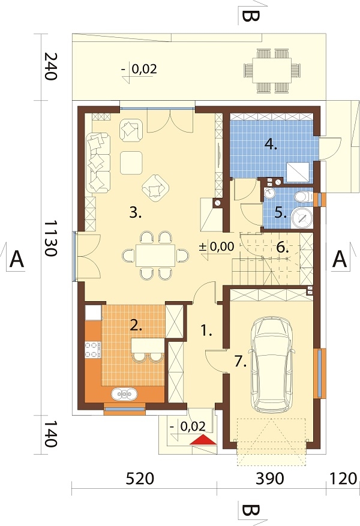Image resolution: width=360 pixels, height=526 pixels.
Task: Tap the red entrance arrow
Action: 203,440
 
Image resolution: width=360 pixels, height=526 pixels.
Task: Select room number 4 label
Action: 271,145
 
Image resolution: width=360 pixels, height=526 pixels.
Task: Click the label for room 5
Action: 280,213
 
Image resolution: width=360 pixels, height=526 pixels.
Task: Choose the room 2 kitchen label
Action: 136,326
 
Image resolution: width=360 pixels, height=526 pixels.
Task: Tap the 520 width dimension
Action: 140,479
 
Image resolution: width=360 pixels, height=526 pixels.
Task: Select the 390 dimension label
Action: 270,479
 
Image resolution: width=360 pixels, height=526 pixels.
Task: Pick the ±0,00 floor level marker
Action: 217,247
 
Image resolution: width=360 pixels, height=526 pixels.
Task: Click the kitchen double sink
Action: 124,394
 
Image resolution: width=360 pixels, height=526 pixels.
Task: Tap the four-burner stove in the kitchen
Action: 92,349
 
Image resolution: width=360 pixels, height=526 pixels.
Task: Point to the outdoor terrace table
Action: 272,70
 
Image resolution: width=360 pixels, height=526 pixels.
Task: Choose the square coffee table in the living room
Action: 131,163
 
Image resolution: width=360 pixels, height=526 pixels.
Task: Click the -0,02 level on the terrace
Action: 140,70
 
